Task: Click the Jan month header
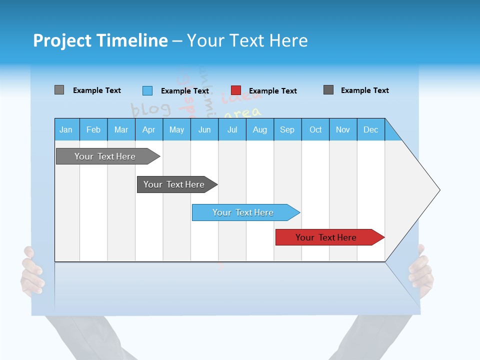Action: pyautogui.click(x=66, y=129)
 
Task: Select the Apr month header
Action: pyautogui.click(x=148, y=129)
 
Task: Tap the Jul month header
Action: pyautogui.click(x=232, y=129)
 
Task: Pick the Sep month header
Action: pyautogui.click(x=287, y=129)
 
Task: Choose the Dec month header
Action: pyautogui.click(x=370, y=129)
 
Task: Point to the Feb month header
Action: pyautogui.click(x=93, y=129)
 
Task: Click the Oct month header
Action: pyautogui.click(x=315, y=129)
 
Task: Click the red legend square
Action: pyautogui.click(x=236, y=90)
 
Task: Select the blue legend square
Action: pyautogui.click(x=147, y=90)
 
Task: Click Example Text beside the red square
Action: pyautogui.click(x=272, y=91)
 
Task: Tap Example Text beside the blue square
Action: pyautogui.click(x=184, y=91)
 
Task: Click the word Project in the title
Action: pyautogui.click(x=62, y=40)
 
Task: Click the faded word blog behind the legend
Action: pyautogui.click(x=150, y=108)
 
